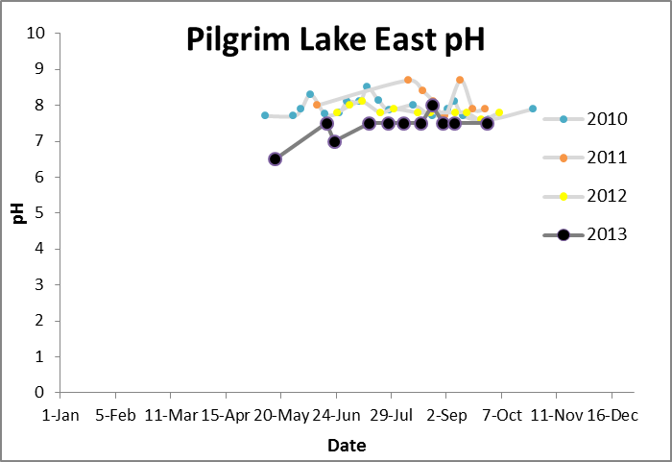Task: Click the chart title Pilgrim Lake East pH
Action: (x=336, y=41)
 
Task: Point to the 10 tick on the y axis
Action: (x=38, y=34)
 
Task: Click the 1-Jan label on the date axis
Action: (x=60, y=415)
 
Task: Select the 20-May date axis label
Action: (x=281, y=415)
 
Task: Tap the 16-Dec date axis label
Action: (x=612, y=415)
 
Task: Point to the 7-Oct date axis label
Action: (x=501, y=415)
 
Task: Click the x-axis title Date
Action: (x=347, y=446)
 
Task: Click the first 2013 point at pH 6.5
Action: (x=275, y=158)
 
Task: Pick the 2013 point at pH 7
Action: (x=334, y=141)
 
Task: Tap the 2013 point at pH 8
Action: (x=432, y=106)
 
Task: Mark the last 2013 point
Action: (x=487, y=123)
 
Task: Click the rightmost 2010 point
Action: (x=533, y=109)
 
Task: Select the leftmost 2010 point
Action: (x=265, y=115)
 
